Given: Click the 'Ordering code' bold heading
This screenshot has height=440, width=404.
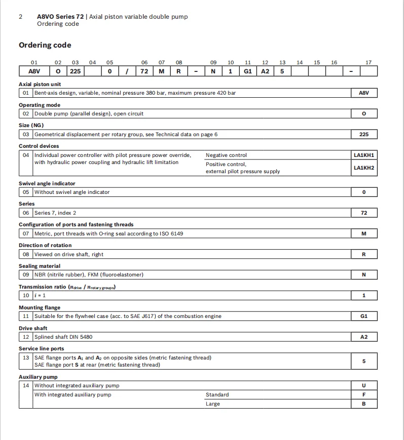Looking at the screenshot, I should (x=45, y=45).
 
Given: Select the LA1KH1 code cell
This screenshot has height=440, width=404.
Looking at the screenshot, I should (x=364, y=155).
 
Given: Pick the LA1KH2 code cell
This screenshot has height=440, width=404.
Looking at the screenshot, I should (x=364, y=168).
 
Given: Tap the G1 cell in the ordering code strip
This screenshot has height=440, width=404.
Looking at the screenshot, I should (x=248, y=71).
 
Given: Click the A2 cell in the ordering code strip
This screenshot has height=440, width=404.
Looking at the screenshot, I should (x=265, y=71).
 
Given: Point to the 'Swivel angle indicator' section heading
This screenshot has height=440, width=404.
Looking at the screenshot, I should (x=47, y=183).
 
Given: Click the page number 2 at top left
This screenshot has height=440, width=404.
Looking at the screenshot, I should (x=20, y=17).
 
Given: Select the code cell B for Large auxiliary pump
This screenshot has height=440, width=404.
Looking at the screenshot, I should (x=364, y=404).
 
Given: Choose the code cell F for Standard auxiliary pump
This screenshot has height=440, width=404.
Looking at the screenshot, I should (x=364, y=395).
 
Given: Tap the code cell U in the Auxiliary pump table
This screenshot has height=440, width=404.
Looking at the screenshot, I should (x=364, y=386).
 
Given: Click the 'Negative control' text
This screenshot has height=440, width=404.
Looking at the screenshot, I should (x=226, y=155).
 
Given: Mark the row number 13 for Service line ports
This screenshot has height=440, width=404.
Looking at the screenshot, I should (x=26, y=357).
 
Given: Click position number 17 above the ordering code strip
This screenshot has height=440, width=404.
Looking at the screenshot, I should (x=369, y=63).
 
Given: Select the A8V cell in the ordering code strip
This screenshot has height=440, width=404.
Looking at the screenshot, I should (x=33, y=71).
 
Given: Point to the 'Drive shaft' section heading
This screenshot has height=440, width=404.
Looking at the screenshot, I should (x=33, y=328).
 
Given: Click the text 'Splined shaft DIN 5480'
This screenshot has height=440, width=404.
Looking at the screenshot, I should (x=63, y=337).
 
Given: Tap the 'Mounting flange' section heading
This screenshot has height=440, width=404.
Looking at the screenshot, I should (x=40, y=307).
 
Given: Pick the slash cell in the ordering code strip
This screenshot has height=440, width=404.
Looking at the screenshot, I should (x=127, y=71).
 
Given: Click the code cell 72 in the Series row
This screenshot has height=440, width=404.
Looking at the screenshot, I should (x=364, y=213).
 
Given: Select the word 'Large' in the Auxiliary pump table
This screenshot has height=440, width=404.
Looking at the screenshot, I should (x=213, y=404).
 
